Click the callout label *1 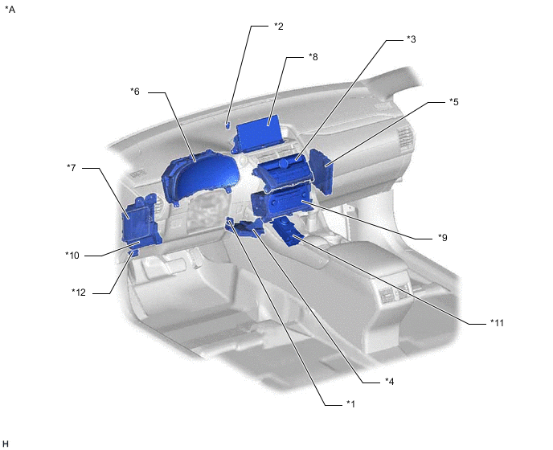[x=350, y=404]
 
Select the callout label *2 [x=279, y=27]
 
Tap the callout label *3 [x=412, y=39]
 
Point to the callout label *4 [x=389, y=381]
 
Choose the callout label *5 [x=454, y=102]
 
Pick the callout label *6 [x=135, y=92]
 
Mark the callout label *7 [x=72, y=168]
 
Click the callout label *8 [x=313, y=57]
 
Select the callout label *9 [x=443, y=238]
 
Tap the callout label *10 [x=72, y=256]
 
